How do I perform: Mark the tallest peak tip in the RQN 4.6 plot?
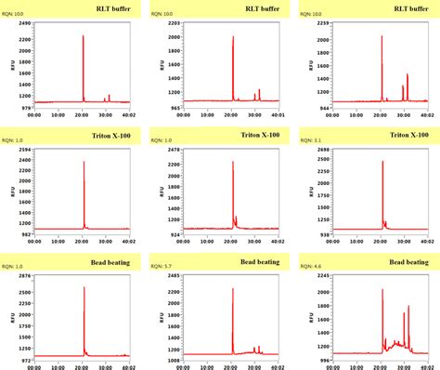382,289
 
